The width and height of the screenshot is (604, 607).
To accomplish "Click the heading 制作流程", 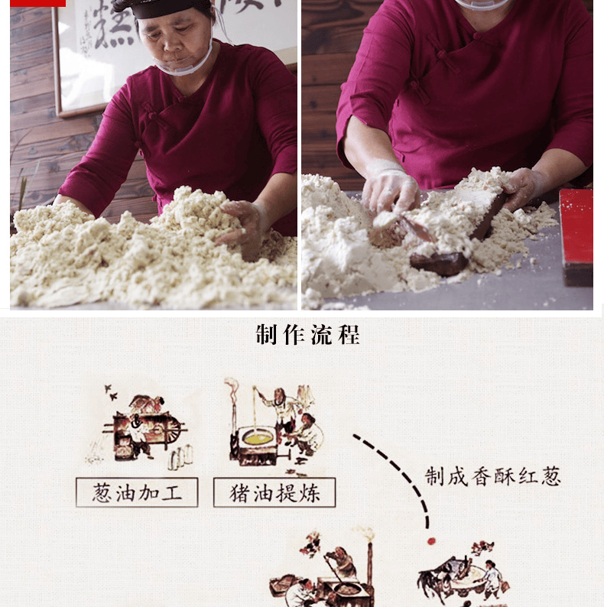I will click(307, 335).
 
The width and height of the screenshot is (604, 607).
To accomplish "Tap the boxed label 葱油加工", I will click(137, 492).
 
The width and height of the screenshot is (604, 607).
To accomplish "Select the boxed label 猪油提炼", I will click(274, 492).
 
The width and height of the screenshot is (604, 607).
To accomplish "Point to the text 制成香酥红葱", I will click(493, 476).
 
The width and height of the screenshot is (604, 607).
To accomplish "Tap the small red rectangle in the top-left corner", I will click(37, 3).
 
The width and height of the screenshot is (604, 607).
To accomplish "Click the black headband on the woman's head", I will click(162, 8).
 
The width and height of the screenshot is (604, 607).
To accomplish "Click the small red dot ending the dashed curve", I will click(430, 540).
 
